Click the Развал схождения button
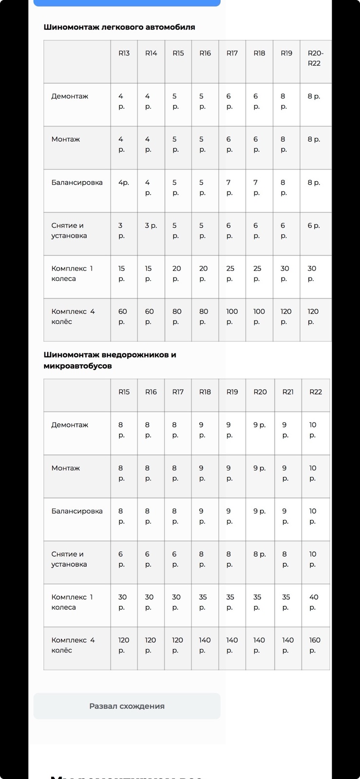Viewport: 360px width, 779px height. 127,706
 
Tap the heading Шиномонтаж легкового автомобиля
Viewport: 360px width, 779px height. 119,27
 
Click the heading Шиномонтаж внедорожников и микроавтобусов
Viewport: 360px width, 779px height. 110,360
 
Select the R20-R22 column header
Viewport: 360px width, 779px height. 315,58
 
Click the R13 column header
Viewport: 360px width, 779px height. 124,53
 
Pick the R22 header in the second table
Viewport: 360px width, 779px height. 315,392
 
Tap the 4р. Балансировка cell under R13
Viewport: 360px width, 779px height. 124,183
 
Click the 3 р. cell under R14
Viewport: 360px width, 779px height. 151,225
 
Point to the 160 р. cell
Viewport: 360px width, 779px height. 315,645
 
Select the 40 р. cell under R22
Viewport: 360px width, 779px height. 314,602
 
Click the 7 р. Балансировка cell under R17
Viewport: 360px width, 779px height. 229,187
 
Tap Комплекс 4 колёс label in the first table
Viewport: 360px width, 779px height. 73,316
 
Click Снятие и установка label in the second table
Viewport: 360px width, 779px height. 69,559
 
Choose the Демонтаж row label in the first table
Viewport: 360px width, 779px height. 70,96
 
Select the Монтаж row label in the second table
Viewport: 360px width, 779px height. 66,468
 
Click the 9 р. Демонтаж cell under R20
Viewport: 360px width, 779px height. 259,425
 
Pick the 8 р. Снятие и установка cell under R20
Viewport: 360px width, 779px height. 259,554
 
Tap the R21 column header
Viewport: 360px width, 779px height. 288,392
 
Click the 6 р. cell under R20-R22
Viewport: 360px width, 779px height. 314,225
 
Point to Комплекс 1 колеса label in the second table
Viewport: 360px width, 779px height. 72,602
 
